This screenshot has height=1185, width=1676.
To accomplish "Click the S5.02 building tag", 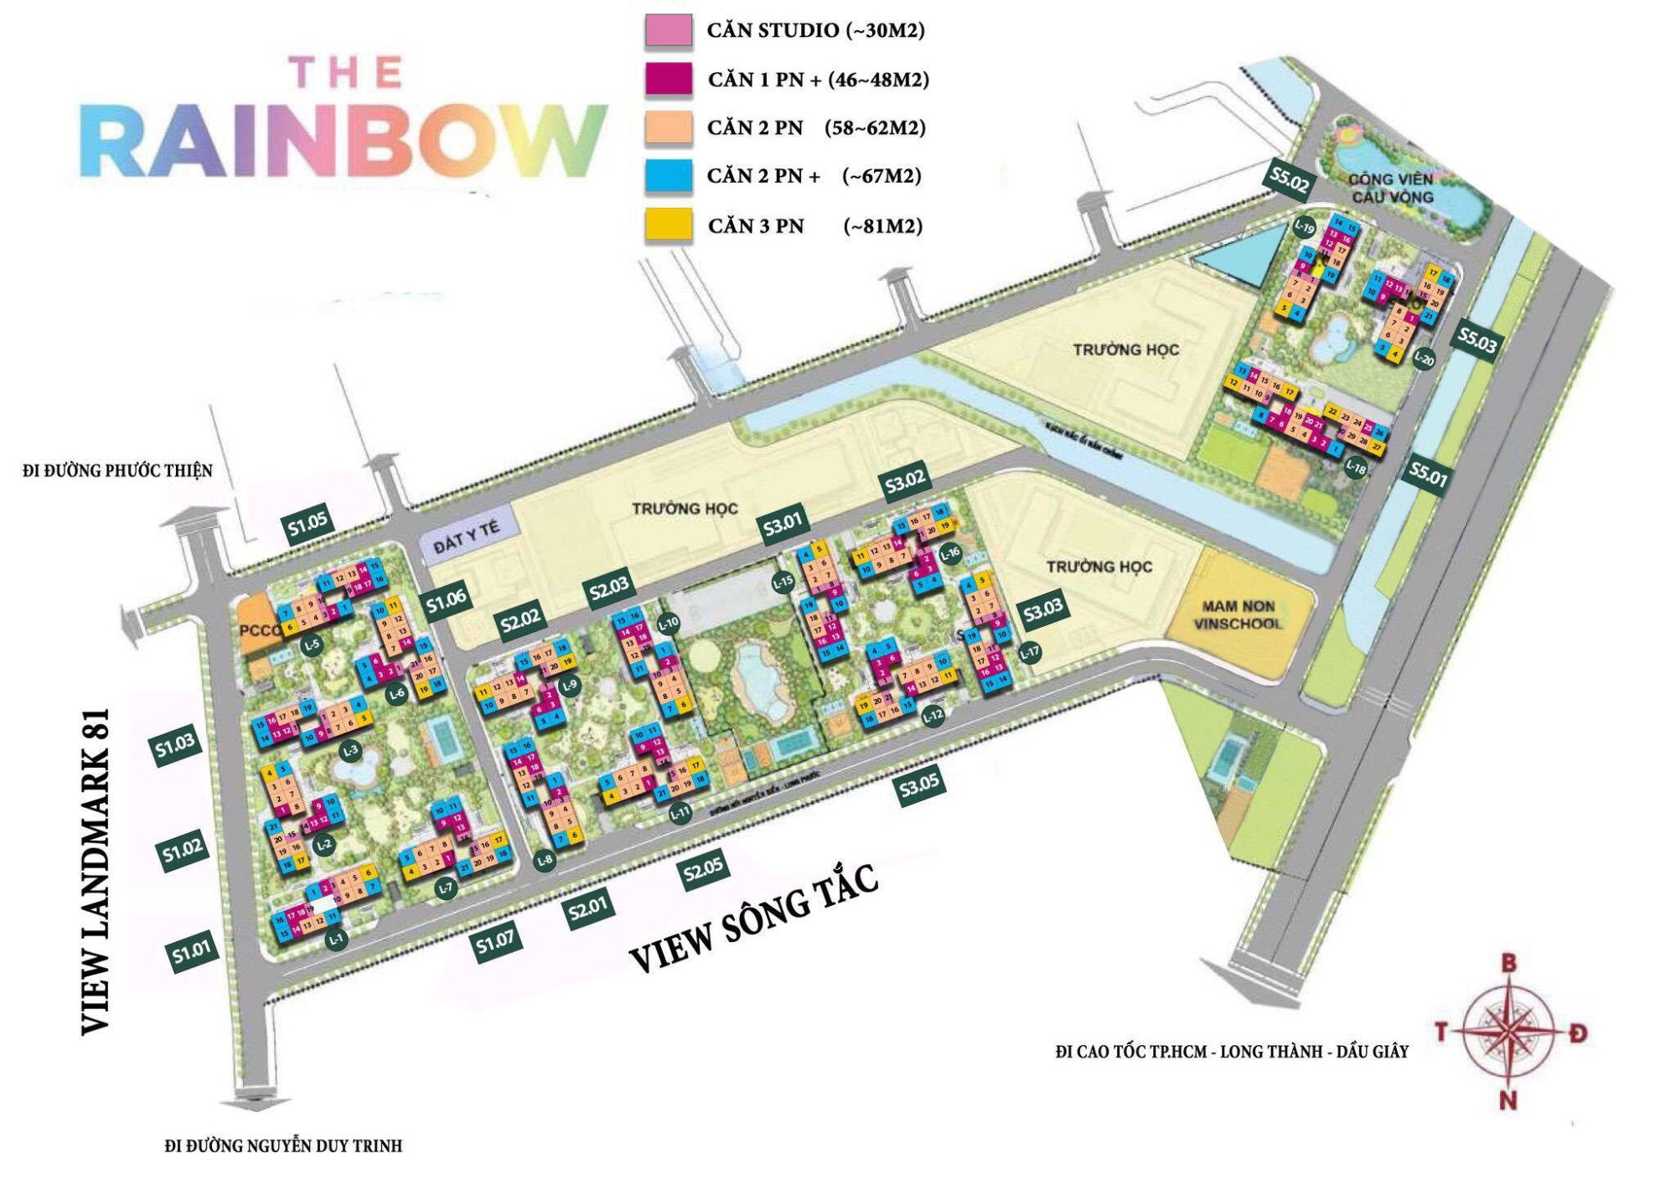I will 1289,179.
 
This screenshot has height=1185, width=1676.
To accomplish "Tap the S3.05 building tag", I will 919,786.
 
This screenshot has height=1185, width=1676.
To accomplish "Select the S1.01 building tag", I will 192,952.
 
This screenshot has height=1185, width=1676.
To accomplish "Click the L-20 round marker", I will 1424,360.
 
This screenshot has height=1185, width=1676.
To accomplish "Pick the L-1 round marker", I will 336,939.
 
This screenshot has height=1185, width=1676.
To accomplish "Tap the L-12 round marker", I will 933,716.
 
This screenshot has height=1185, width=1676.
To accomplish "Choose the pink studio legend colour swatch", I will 668,30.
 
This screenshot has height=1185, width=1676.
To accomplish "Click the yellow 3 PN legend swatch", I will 668,225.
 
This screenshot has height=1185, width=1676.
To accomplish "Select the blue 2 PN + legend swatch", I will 668,176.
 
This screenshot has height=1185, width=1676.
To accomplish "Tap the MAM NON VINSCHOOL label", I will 1238,615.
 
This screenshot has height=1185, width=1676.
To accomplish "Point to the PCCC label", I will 259,630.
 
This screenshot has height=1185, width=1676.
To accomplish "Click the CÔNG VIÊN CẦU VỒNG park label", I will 1391,189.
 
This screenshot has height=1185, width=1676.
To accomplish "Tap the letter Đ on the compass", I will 1579,1032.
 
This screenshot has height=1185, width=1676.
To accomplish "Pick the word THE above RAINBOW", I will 345,72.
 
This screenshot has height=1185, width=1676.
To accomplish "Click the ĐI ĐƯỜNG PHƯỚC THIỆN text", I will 117,471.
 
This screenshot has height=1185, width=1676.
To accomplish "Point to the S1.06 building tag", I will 445,599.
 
